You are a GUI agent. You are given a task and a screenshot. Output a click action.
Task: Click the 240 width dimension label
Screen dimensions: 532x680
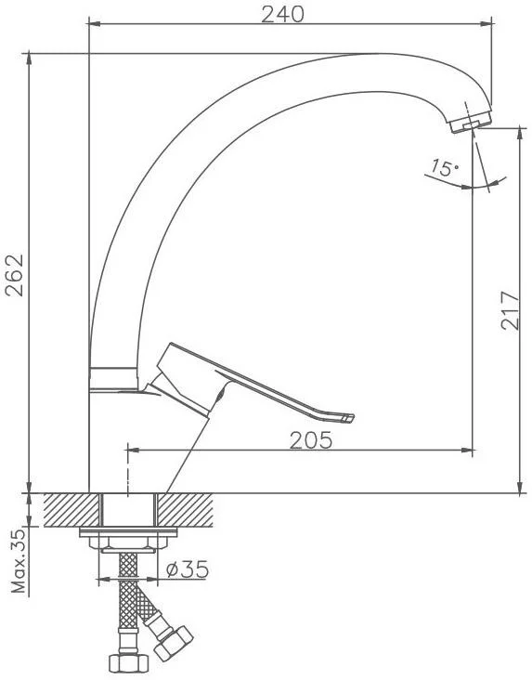[x=282, y=15]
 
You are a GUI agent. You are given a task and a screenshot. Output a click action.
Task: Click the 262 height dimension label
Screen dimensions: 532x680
[x=15, y=275]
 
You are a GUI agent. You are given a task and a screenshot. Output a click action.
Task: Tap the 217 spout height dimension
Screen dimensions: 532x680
[x=510, y=310]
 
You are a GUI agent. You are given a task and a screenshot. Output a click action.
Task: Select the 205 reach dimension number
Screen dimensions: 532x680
[x=311, y=440]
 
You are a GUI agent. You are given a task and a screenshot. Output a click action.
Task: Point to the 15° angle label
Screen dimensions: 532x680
[x=445, y=167]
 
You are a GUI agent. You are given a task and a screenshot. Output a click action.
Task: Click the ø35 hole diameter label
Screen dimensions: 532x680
[x=188, y=569]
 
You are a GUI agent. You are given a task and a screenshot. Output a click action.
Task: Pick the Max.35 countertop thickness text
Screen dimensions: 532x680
[x=19, y=561]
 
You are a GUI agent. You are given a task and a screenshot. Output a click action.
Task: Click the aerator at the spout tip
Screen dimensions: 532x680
[x=471, y=122]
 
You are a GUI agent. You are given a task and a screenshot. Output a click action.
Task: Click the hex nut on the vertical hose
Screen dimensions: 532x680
[x=128, y=663]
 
